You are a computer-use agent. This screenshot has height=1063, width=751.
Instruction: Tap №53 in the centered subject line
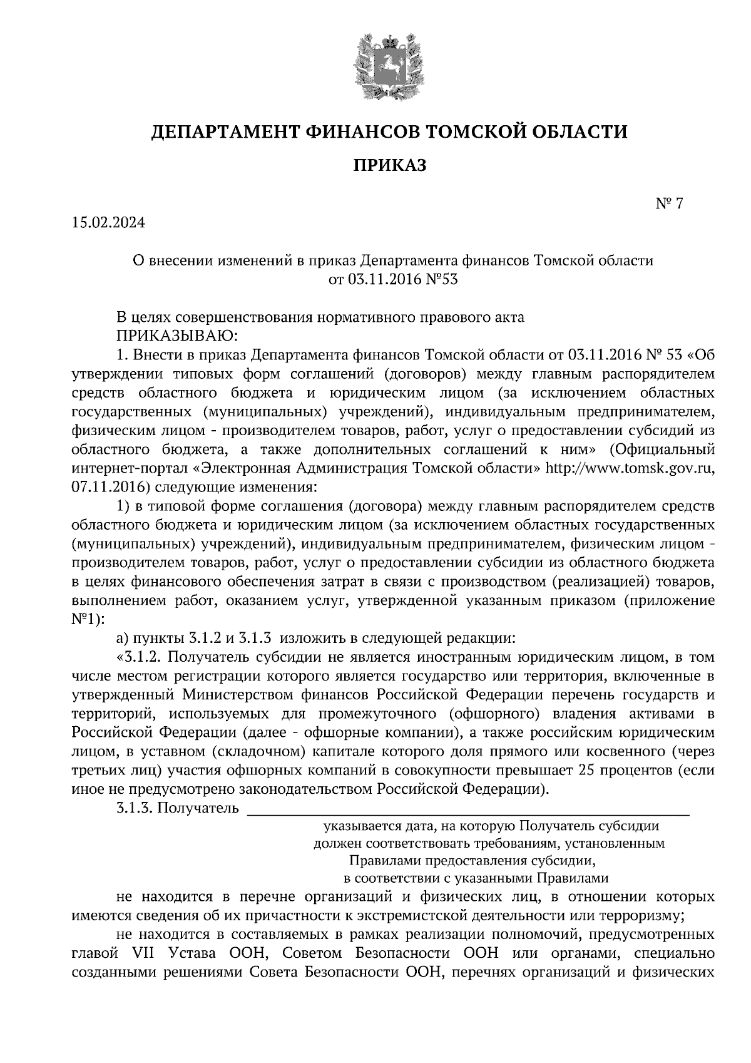442,279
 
